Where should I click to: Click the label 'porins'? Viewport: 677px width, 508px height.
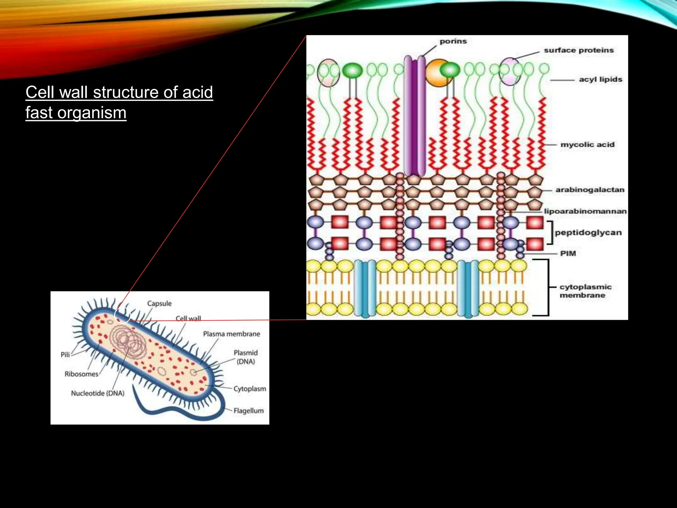click(x=453, y=41)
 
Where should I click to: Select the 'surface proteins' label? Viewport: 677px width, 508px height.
click(x=579, y=50)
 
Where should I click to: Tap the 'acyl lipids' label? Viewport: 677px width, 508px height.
click(x=601, y=79)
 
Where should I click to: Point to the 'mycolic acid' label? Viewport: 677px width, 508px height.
click(x=587, y=145)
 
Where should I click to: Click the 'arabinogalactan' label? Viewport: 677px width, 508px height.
click(x=590, y=190)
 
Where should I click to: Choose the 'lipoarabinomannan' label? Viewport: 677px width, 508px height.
click(x=585, y=211)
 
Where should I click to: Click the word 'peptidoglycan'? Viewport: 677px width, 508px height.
click(x=588, y=233)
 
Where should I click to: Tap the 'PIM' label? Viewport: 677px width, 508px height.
click(x=568, y=254)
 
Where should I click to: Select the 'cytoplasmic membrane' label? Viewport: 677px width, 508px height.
click(x=585, y=291)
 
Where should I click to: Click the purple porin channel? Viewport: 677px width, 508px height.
click(x=415, y=116)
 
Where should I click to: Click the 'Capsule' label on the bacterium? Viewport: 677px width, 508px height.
click(x=159, y=304)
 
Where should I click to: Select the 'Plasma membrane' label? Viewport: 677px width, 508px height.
click(x=231, y=334)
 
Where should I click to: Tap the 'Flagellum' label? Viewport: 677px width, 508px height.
click(x=249, y=411)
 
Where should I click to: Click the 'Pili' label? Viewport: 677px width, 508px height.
click(x=65, y=355)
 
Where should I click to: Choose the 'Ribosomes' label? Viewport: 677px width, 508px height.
click(x=81, y=374)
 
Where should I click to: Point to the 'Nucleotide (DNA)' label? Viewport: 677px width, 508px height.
click(x=98, y=393)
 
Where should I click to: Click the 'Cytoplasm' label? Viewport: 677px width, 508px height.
click(x=250, y=389)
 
